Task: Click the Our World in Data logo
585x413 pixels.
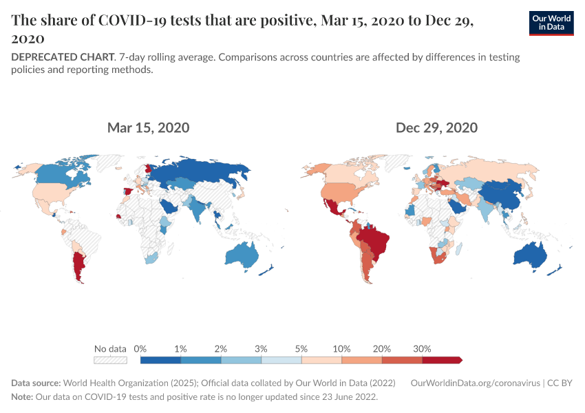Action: tap(551, 23)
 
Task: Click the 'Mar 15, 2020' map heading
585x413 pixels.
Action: tap(148, 127)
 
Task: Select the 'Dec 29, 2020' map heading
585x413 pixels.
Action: tap(436, 127)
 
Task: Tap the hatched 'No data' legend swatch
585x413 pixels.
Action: tap(111, 359)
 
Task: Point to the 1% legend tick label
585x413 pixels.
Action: tap(180, 348)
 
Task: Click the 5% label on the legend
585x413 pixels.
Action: tap(301, 348)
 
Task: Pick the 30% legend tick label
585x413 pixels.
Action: tap(422, 348)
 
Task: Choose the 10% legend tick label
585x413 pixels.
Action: tap(341, 348)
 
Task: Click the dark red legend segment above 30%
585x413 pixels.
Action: tap(441, 359)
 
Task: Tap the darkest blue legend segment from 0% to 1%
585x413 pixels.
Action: tap(160, 359)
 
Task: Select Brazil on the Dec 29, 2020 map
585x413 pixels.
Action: tap(375, 241)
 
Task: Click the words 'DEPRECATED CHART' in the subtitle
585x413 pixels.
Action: tap(62, 57)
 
